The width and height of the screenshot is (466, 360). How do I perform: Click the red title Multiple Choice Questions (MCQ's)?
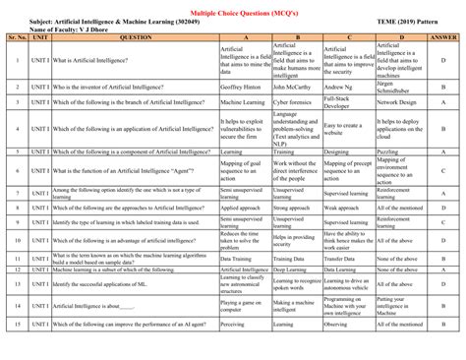[233, 9]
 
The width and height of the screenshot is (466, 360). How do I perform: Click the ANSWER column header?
[443, 37]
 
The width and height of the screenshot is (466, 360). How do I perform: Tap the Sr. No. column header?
[18, 37]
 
